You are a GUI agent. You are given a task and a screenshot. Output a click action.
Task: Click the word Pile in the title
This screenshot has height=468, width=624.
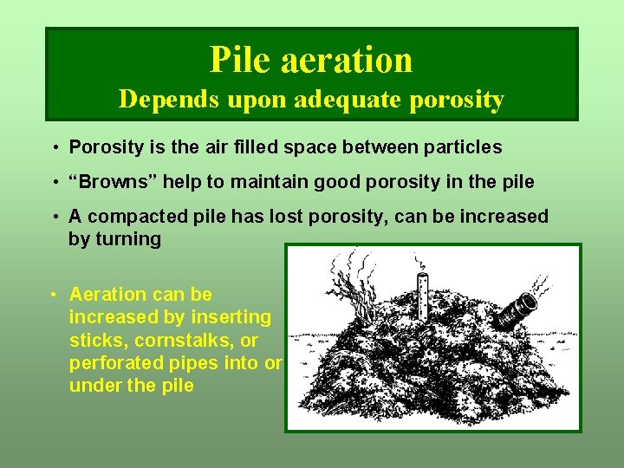(x=238, y=60)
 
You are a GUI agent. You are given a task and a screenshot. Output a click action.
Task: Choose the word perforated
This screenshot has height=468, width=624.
(x=115, y=362)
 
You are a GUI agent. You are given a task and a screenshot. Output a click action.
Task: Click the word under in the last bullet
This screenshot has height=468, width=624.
(x=95, y=385)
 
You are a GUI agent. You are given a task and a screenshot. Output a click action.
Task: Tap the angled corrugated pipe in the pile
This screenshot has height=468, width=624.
(x=517, y=307)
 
